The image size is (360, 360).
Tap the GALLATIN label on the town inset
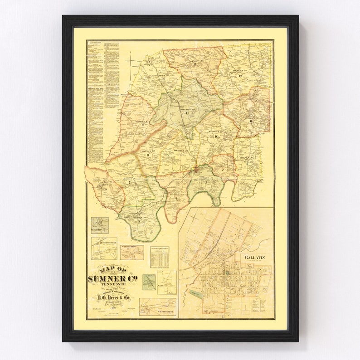coord(254,258)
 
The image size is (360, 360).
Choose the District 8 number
coord(148,155)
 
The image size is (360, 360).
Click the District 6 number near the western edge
coord(105,189)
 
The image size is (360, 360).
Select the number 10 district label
coord(216,136)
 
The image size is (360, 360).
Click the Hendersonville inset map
coord(104,248)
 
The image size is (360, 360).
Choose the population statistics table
coord(159,258)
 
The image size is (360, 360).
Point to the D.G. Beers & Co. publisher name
coord(112,297)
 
